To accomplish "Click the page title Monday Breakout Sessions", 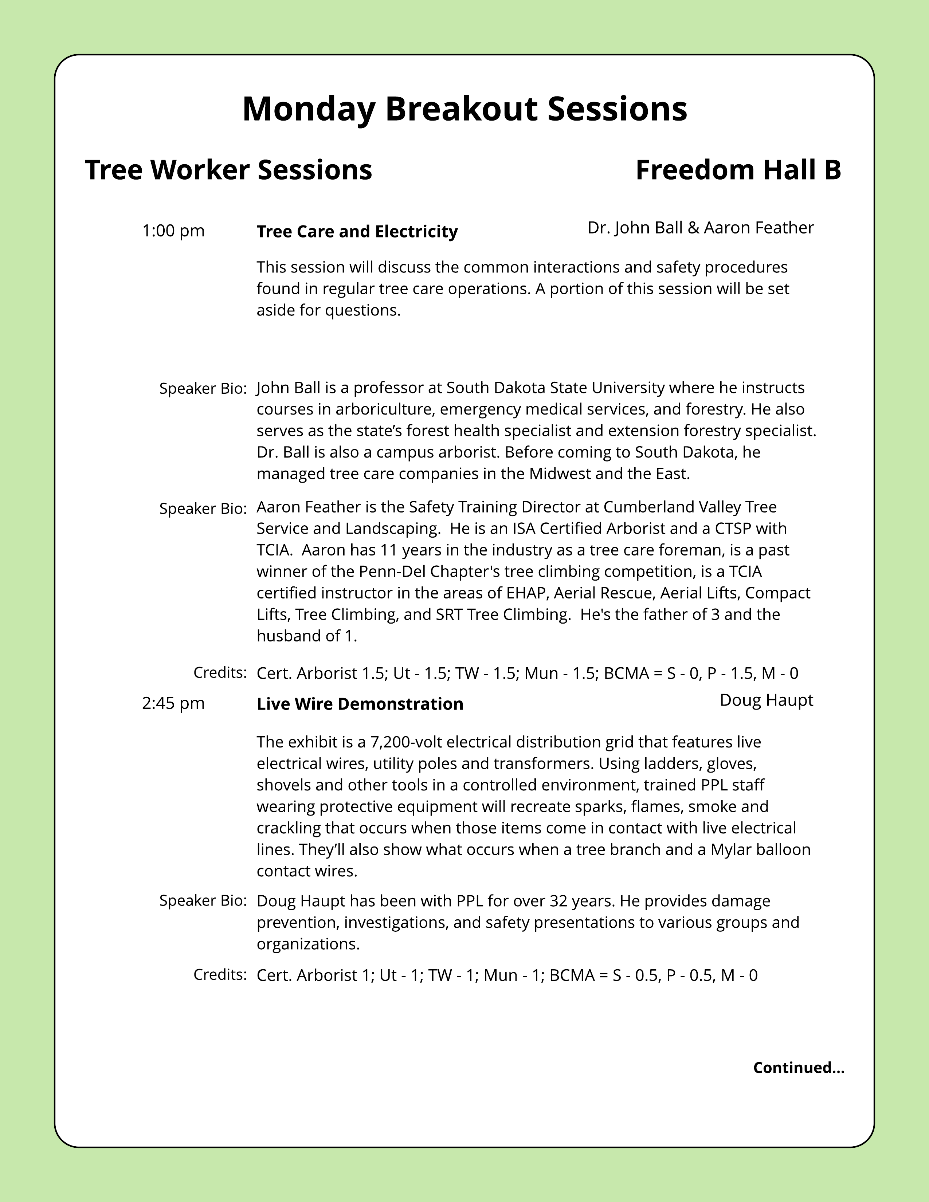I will point(464,109).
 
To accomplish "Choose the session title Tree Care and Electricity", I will point(357,231).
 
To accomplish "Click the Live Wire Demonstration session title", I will point(360,704).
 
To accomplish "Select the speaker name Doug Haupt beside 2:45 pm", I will point(766,700).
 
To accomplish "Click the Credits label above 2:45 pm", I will point(220,672).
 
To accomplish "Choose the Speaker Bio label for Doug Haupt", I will point(203,901).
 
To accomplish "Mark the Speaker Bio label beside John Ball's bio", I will point(203,389).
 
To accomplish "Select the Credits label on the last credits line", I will point(220,975).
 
